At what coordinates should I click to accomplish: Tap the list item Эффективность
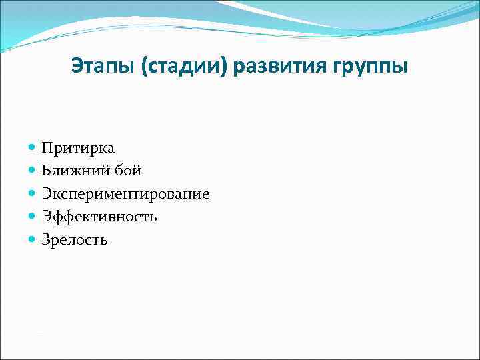(99, 217)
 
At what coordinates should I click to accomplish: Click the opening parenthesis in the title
(143, 68)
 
